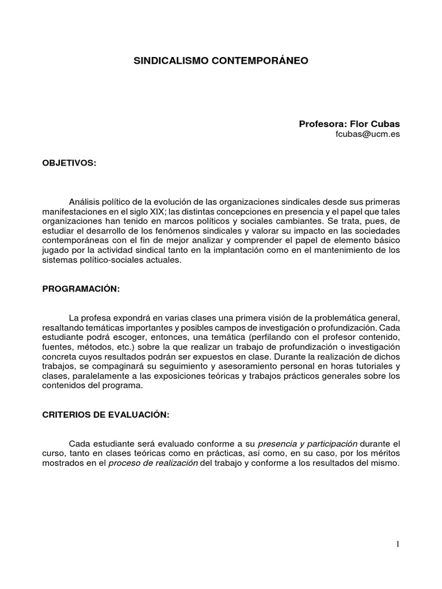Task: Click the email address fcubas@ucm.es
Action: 367,134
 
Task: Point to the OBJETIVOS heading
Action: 70,163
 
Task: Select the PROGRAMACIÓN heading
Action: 81,289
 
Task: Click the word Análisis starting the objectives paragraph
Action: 85,202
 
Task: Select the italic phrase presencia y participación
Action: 308,444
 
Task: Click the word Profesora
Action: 322,124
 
